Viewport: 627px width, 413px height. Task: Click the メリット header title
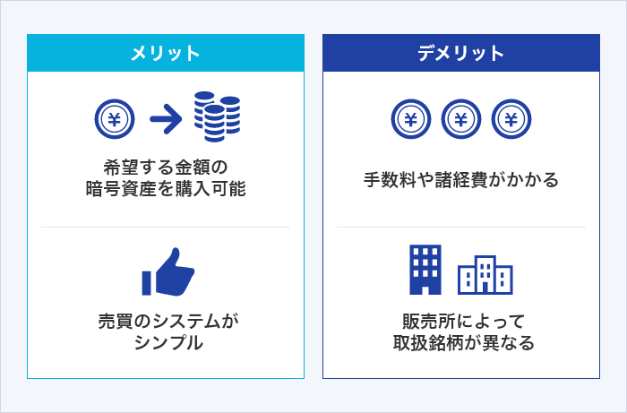(166, 53)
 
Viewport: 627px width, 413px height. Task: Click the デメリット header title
(460, 53)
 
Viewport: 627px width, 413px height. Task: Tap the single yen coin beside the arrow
(115, 116)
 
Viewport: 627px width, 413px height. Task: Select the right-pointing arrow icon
(165, 116)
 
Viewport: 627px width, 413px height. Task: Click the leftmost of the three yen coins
(410, 117)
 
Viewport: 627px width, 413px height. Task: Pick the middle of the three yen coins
(461, 117)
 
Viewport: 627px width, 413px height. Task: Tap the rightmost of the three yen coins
(511, 117)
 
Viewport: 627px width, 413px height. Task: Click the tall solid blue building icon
(425, 269)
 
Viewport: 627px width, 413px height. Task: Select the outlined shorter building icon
(485, 276)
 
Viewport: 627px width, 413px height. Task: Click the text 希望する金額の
(166, 167)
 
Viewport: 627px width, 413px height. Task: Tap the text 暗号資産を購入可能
(166, 190)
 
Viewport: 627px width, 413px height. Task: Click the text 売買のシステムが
(166, 320)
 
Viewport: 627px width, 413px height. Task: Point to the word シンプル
(166, 343)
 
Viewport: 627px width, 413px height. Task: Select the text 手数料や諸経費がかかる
(460, 180)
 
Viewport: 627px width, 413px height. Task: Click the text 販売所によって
(460, 320)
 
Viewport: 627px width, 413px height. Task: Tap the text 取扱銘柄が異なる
(460, 343)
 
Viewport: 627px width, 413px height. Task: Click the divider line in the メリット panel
(166, 228)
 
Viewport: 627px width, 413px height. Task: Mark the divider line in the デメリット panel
(460, 228)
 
